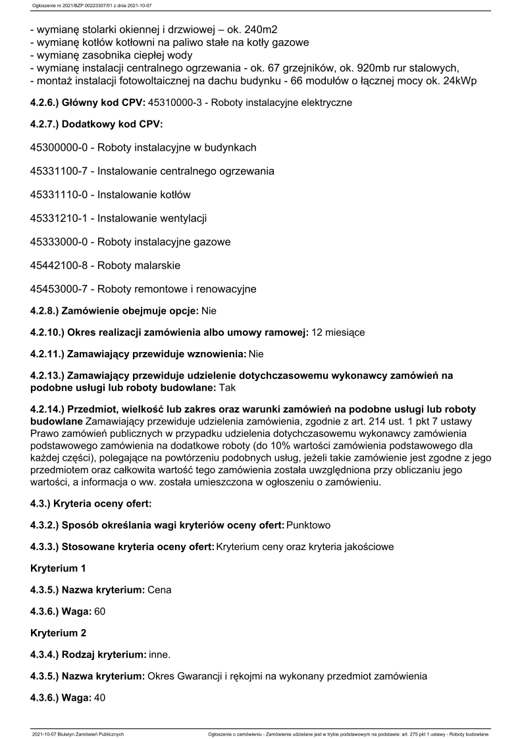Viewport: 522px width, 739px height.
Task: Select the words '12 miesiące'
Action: tap(338, 333)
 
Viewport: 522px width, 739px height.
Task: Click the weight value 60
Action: tap(99, 611)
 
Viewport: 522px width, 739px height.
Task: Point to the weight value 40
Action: tap(99, 697)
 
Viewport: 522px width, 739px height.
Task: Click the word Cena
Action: tap(159, 590)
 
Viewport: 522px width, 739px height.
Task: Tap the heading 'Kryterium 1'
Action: tap(58, 568)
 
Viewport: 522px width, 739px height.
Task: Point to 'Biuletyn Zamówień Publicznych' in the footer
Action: tap(95, 733)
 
